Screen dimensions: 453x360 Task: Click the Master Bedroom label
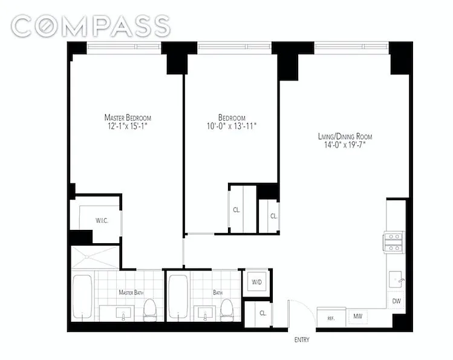[128, 117]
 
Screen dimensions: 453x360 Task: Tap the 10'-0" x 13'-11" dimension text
[232, 126]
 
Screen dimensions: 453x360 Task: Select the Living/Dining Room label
[345, 136]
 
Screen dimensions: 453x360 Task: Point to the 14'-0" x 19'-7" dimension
[345, 145]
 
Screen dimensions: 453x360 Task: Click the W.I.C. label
[102, 221]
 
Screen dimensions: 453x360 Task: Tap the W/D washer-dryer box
[256, 282]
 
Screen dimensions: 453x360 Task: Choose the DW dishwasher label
[397, 301]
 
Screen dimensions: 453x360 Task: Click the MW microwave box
[357, 316]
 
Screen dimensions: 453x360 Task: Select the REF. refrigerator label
[331, 318]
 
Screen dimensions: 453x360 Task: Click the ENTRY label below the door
[302, 340]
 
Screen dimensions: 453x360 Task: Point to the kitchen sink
[395, 279]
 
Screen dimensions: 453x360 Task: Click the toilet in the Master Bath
[150, 310]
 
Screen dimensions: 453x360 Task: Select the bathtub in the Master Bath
[82, 296]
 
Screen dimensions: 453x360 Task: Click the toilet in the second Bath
[226, 310]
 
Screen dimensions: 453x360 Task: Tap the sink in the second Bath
[206, 313]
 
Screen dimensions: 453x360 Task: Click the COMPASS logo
[91, 26]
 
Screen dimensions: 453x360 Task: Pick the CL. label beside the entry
[262, 313]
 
